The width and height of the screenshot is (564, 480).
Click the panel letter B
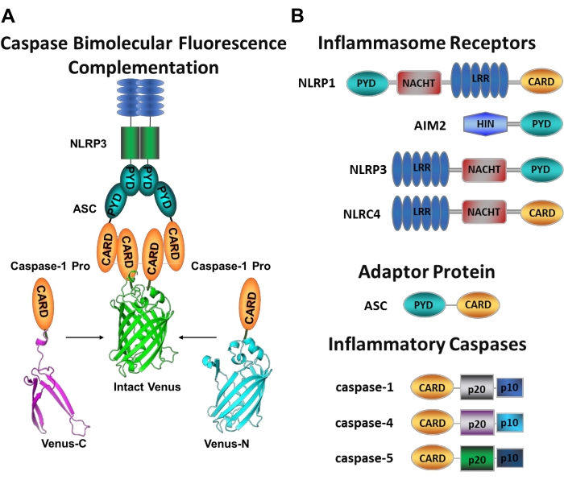pos(297,13)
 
